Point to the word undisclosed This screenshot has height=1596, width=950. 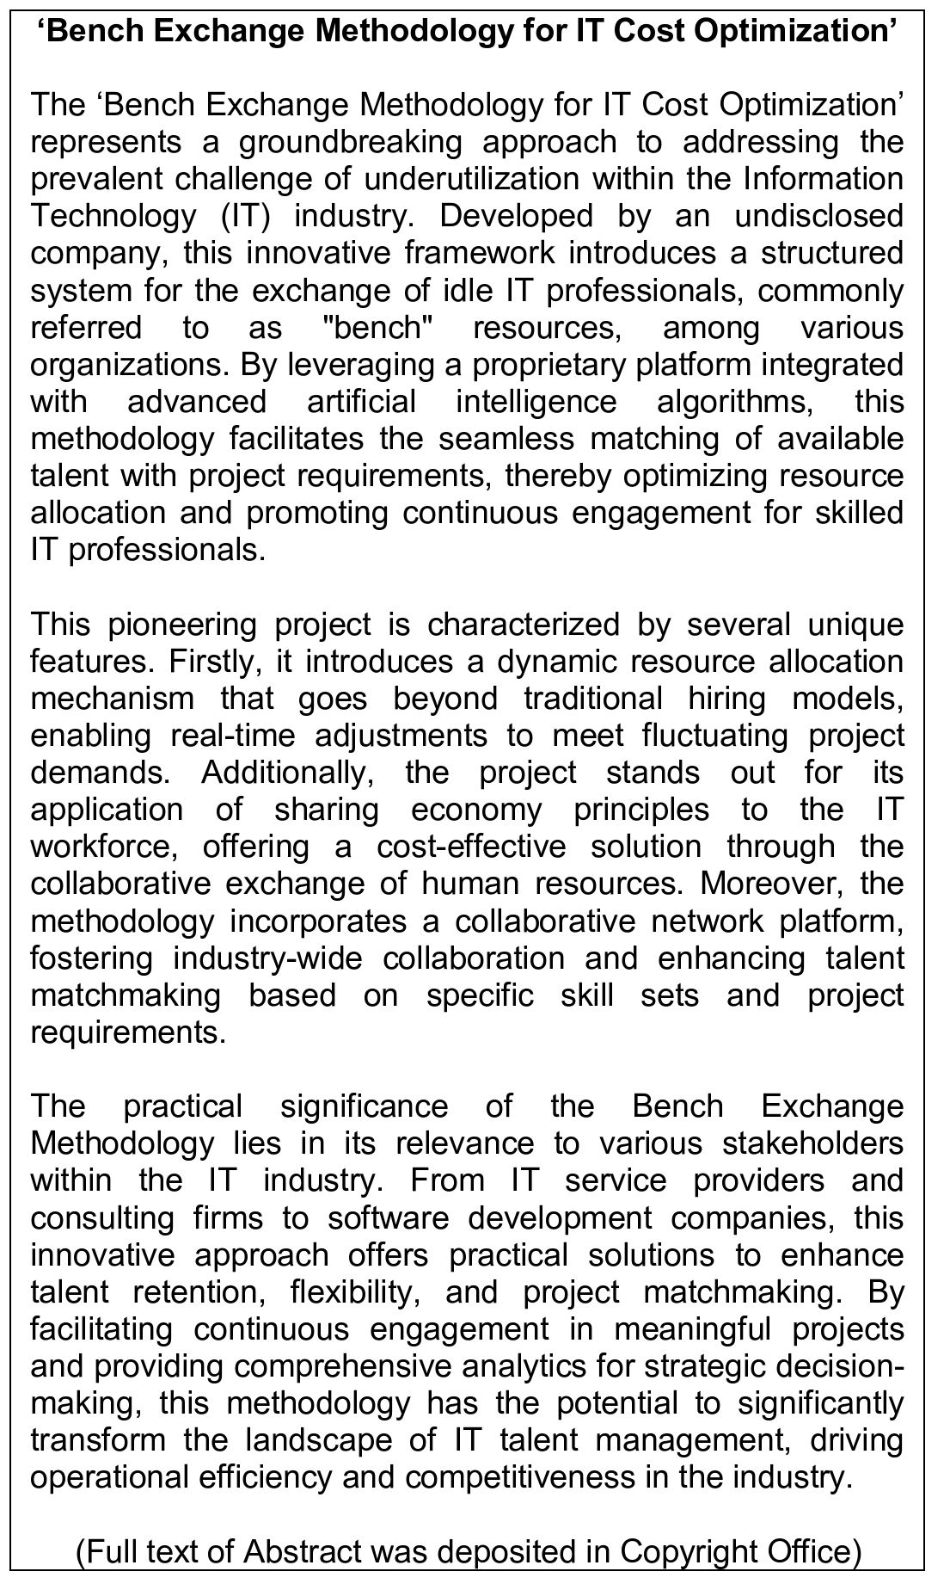(x=818, y=216)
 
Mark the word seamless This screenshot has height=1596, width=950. (x=506, y=439)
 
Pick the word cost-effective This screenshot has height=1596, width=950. (x=471, y=847)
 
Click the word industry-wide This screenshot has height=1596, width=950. (x=267, y=958)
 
